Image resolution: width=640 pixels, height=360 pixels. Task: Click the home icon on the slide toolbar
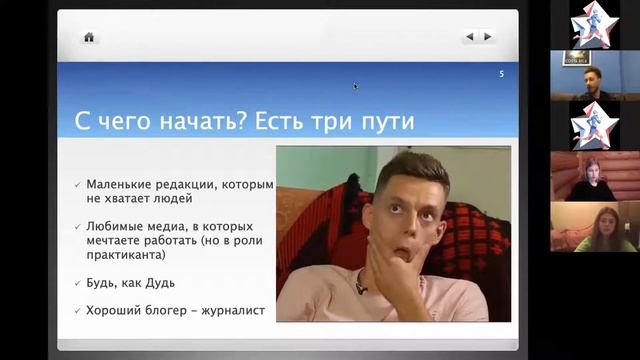(x=89, y=37)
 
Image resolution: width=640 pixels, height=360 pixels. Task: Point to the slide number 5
(x=501, y=74)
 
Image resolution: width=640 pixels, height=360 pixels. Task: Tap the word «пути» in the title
(x=389, y=122)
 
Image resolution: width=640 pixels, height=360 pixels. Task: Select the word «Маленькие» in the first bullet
(x=121, y=185)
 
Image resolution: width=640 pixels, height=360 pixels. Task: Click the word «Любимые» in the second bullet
(x=116, y=226)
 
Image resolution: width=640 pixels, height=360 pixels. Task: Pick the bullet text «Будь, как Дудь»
(x=131, y=282)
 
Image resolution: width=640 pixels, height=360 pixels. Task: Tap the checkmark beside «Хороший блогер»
(x=77, y=310)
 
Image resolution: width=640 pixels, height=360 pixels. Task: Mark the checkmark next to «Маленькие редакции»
(x=77, y=185)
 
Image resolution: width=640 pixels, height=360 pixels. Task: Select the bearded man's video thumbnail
(x=594, y=76)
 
